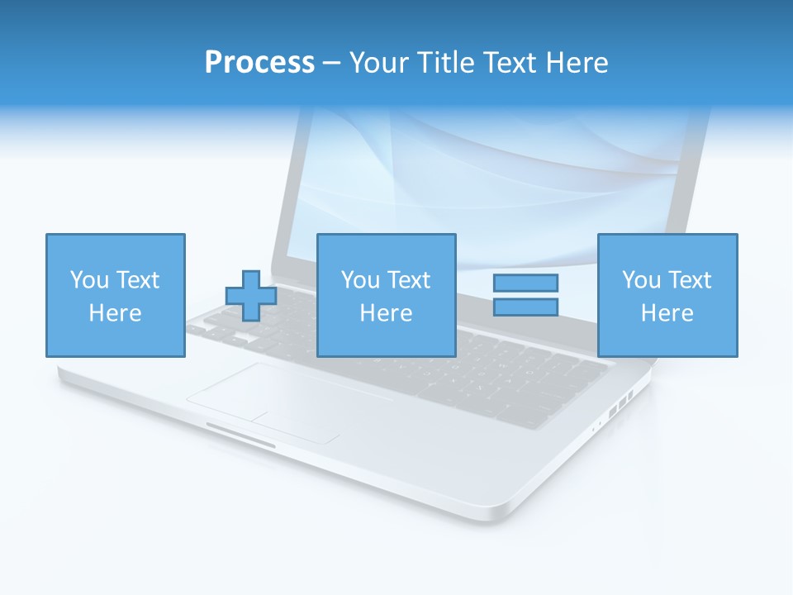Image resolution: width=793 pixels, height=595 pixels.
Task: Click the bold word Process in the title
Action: pyautogui.click(x=259, y=63)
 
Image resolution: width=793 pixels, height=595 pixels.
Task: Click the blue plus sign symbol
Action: pyautogui.click(x=251, y=295)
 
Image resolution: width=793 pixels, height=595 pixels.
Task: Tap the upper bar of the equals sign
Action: pyautogui.click(x=525, y=283)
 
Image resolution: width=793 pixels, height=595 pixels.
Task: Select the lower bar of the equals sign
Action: pyautogui.click(x=525, y=307)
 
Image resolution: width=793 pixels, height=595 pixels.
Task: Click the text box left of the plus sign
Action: pyautogui.click(x=115, y=295)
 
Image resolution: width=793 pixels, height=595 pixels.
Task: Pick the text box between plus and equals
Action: pyautogui.click(x=386, y=295)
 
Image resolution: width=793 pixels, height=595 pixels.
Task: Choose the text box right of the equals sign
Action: pyautogui.click(x=667, y=295)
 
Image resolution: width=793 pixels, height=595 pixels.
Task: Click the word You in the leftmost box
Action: pyautogui.click(x=89, y=280)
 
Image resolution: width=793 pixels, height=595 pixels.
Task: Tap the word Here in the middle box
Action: pyautogui.click(x=386, y=313)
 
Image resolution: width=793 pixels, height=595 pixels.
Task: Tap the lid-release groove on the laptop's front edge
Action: pyautogui.click(x=240, y=435)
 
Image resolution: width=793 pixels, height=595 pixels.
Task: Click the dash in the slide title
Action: pyautogui.click(x=331, y=63)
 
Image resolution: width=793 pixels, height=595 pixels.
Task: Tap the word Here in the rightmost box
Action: pyautogui.click(x=667, y=313)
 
